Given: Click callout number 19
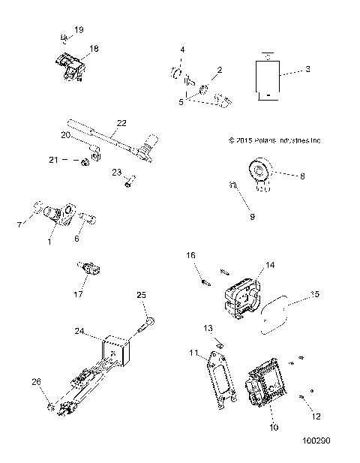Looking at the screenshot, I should coord(79,29).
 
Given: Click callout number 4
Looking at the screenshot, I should coord(181,50).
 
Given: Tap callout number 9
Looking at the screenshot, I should coord(252,216).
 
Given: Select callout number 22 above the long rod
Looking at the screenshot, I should coord(121,122).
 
